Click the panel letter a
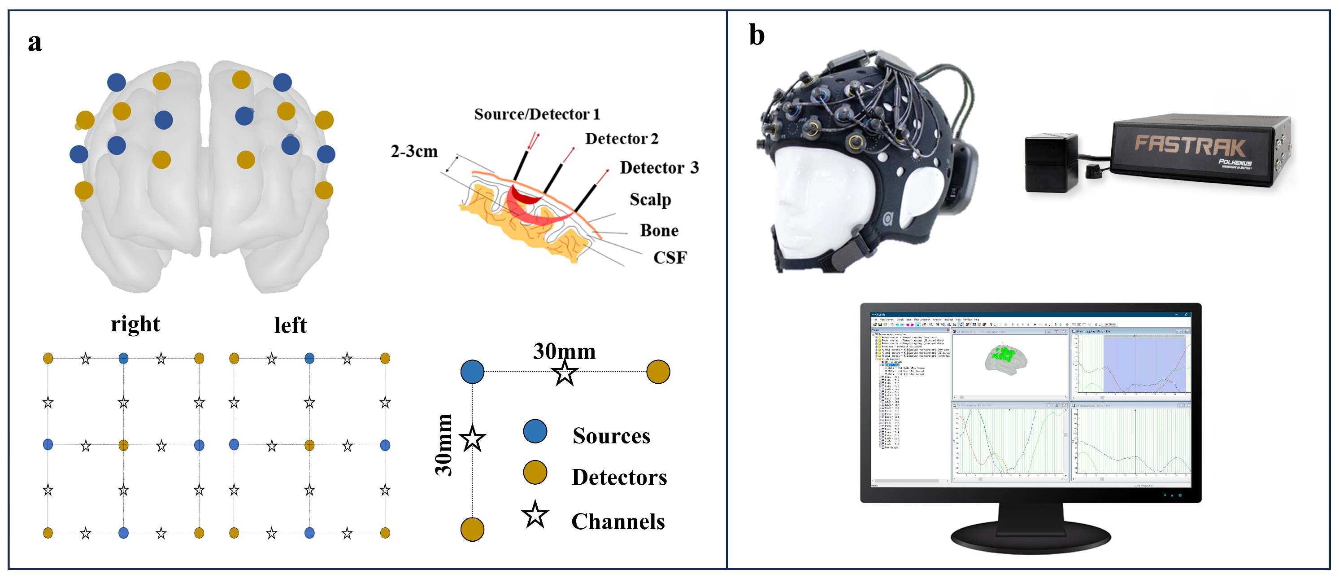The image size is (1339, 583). pyautogui.click(x=35, y=43)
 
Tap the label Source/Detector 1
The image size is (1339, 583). pyautogui.click(x=536, y=114)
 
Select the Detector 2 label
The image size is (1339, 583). pyautogui.click(x=621, y=138)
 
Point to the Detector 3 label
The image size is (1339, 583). pyautogui.click(x=659, y=167)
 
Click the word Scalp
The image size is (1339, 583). pyautogui.click(x=650, y=199)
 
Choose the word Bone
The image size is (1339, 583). pyautogui.click(x=659, y=230)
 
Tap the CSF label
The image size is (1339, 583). pyautogui.click(x=669, y=258)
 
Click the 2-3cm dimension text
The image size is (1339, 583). pyautogui.click(x=414, y=151)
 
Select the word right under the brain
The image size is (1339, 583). pyautogui.click(x=135, y=324)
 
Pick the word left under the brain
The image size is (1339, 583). pyautogui.click(x=290, y=325)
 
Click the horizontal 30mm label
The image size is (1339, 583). pyautogui.click(x=564, y=351)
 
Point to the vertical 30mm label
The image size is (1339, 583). pyautogui.click(x=443, y=445)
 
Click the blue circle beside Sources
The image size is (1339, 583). pyautogui.click(x=535, y=431)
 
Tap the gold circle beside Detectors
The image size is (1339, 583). pyautogui.click(x=535, y=472)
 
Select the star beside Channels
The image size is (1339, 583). pyautogui.click(x=535, y=515)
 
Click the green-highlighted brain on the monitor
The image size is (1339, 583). pyautogui.click(x=1005, y=358)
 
